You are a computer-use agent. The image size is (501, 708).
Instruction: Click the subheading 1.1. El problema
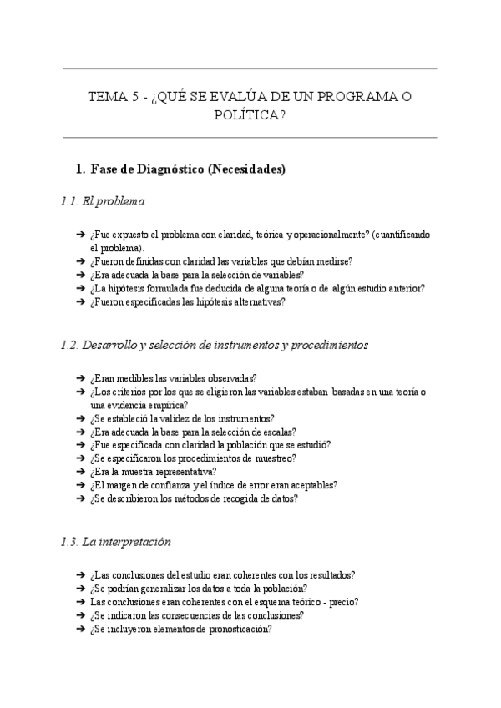[x=103, y=201]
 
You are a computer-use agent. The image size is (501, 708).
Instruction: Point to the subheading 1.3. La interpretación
[x=116, y=542]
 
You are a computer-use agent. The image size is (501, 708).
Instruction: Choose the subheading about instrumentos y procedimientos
[x=215, y=344]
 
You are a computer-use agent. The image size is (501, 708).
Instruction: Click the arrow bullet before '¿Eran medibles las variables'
[x=80, y=378]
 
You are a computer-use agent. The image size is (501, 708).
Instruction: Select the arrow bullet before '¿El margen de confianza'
[x=80, y=485]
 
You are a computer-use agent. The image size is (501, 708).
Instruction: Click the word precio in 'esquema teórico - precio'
[x=342, y=602]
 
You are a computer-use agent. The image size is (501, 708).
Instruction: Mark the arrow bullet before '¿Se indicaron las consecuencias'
[x=80, y=615]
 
